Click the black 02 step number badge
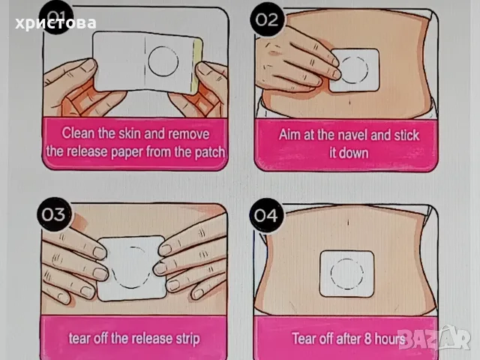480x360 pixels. (267, 19)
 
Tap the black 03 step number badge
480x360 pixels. (54, 214)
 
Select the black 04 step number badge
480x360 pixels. (266, 215)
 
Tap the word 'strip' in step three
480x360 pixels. (187, 339)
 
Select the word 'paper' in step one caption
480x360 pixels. (127, 152)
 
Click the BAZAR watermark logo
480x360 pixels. (434, 337)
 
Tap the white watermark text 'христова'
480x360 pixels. (55, 23)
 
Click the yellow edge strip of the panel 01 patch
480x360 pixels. (197, 65)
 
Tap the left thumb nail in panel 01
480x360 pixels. (89, 65)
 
